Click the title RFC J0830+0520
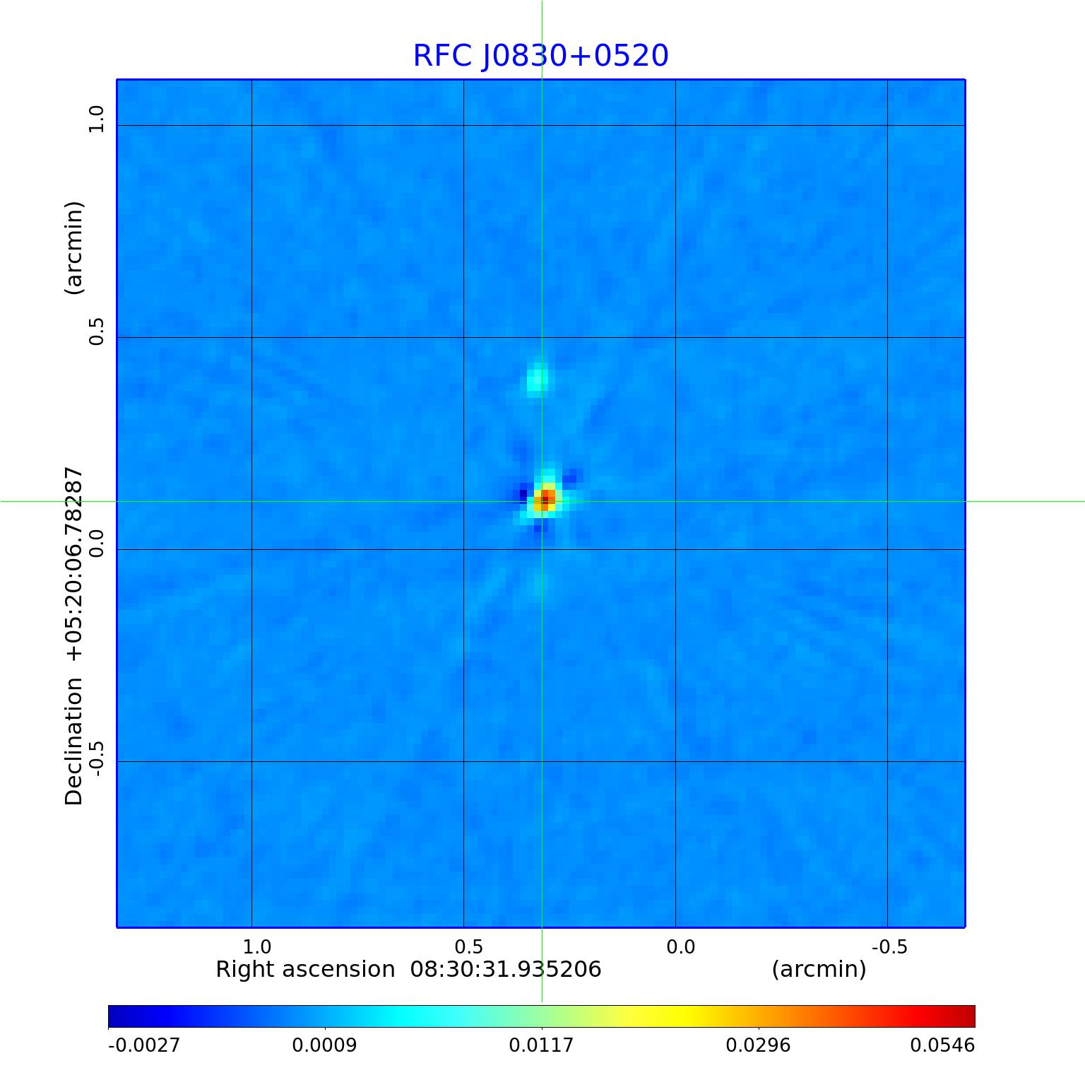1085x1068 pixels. [x=540, y=56]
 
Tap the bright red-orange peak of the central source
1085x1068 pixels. [x=545, y=498]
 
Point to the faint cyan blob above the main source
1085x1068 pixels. [x=538, y=379]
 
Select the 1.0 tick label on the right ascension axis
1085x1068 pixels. [x=257, y=946]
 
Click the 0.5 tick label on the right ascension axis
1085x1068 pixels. [x=469, y=946]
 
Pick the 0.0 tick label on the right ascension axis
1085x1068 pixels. [x=681, y=946]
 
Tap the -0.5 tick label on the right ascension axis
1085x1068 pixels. [x=889, y=946]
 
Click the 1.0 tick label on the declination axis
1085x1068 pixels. [x=96, y=119]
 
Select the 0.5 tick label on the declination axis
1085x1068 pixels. [x=96, y=331]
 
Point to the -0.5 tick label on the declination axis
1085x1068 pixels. [x=96, y=758]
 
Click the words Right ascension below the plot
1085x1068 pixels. [x=305, y=969]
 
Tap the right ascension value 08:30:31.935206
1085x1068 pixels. [x=506, y=969]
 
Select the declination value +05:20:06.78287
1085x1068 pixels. [x=74, y=564]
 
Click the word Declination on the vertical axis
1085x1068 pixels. [x=74, y=741]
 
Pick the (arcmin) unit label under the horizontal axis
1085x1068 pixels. [x=819, y=969]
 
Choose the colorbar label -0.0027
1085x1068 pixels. [x=144, y=1045]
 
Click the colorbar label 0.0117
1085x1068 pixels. [x=542, y=1045]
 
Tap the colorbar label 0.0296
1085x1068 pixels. [x=759, y=1045]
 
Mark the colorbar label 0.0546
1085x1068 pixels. [x=942, y=1045]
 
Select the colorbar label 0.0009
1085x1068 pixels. [x=325, y=1045]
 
